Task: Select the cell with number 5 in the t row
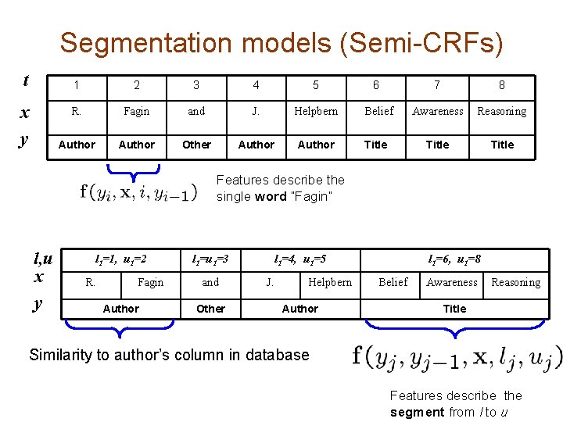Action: pyautogui.click(x=316, y=85)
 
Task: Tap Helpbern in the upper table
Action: pyautogui.click(x=316, y=111)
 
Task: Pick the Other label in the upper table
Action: pyautogui.click(x=196, y=145)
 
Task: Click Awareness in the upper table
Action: pyautogui.click(x=437, y=111)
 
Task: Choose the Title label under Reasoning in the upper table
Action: pyautogui.click(x=502, y=145)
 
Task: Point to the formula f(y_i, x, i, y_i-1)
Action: pyautogui.click(x=138, y=191)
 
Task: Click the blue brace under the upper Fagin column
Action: pyautogui.click(x=136, y=167)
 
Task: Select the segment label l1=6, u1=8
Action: pyautogui.click(x=454, y=259)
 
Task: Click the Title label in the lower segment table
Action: pyautogui.click(x=454, y=309)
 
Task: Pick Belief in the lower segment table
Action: pyautogui.click(x=393, y=282)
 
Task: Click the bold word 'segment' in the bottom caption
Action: pyautogui.click(x=417, y=412)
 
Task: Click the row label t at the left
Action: pyautogui.click(x=26, y=80)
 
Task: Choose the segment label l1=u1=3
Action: pyautogui.click(x=210, y=259)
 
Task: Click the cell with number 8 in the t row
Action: pyautogui.click(x=502, y=85)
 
